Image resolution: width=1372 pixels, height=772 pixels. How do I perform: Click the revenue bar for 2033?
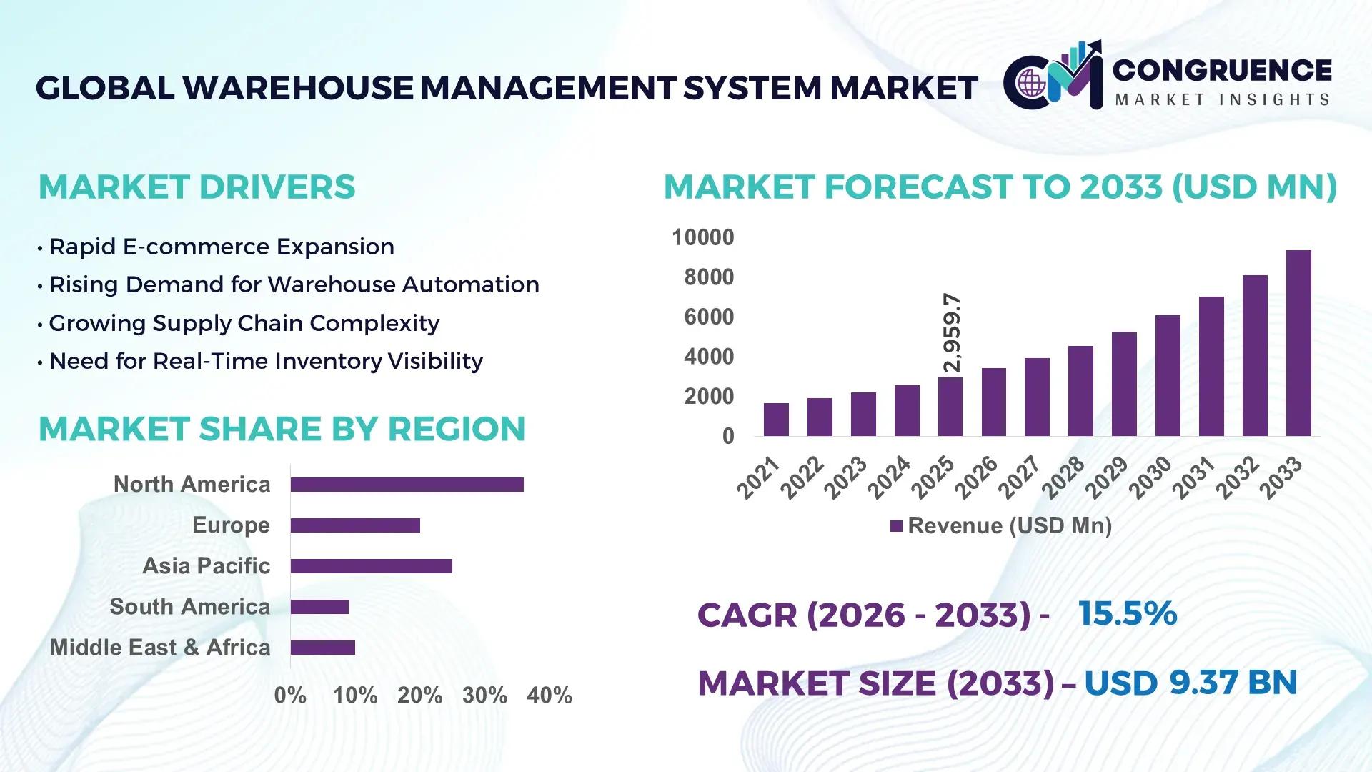click(x=1298, y=343)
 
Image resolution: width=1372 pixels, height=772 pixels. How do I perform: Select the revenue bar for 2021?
click(x=776, y=420)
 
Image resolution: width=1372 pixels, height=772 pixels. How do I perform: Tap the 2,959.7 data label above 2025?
click(x=952, y=332)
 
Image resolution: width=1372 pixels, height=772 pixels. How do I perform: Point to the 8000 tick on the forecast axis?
click(x=708, y=277)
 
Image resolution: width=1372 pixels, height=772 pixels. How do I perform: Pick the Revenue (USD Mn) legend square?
click(x=896, y=526)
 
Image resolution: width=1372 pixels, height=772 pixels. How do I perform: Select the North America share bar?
click(x=407, y=485)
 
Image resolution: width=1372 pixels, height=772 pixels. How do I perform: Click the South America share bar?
click(x=319, y=607)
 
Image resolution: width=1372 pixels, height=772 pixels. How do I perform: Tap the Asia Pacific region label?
click(x=206, y=566)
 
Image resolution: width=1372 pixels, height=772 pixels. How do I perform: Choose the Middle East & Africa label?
click(x=160, y=648)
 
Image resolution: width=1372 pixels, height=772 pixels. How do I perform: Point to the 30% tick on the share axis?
click(x=484, y=696)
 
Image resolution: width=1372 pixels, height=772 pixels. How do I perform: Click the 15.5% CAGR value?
click(x=1127, y=614)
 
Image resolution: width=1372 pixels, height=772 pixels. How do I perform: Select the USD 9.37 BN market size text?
click(x=1190, y=683)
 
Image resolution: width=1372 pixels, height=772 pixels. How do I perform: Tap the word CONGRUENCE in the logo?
click(x=1222, y=70)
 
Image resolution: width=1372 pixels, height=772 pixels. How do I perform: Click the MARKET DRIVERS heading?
click(x=197, y=187)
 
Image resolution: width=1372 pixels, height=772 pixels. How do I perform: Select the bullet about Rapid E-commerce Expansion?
click(x=221, y=247)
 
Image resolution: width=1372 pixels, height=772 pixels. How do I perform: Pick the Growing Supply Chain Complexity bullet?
click(x=244, y=323)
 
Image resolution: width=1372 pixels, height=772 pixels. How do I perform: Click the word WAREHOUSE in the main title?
click(x=297, y=88)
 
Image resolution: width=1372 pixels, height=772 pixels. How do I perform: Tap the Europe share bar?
click(x=355, y=525)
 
